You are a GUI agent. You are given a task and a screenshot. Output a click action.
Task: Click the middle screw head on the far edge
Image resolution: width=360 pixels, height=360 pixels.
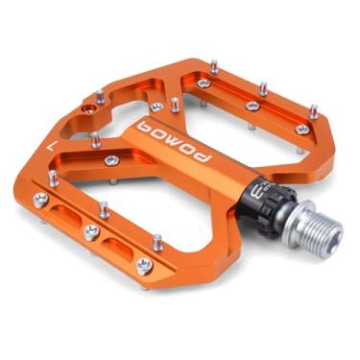pyautogui.click(x=253, y=106)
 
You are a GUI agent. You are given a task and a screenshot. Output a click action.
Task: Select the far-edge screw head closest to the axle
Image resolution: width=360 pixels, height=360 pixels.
pyautogui.click(x=303, y=129)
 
